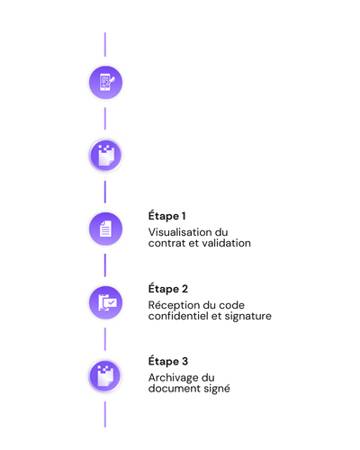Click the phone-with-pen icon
[x=105, y=83]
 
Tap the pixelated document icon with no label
[x=105, y=156]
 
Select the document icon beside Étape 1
[x=105, y=229]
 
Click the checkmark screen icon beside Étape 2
[x=105, y=302]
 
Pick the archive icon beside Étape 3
[x=105, y=376]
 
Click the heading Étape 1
[x=166, y=216]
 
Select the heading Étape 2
[x=168, y=289]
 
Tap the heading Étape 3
[x=168, y=362]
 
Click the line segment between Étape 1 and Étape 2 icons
[x=105, y=265]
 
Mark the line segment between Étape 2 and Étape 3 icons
[x=105, y=339]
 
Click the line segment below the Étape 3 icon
[x=105, y=415]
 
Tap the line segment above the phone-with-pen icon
[x=105, y=44]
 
